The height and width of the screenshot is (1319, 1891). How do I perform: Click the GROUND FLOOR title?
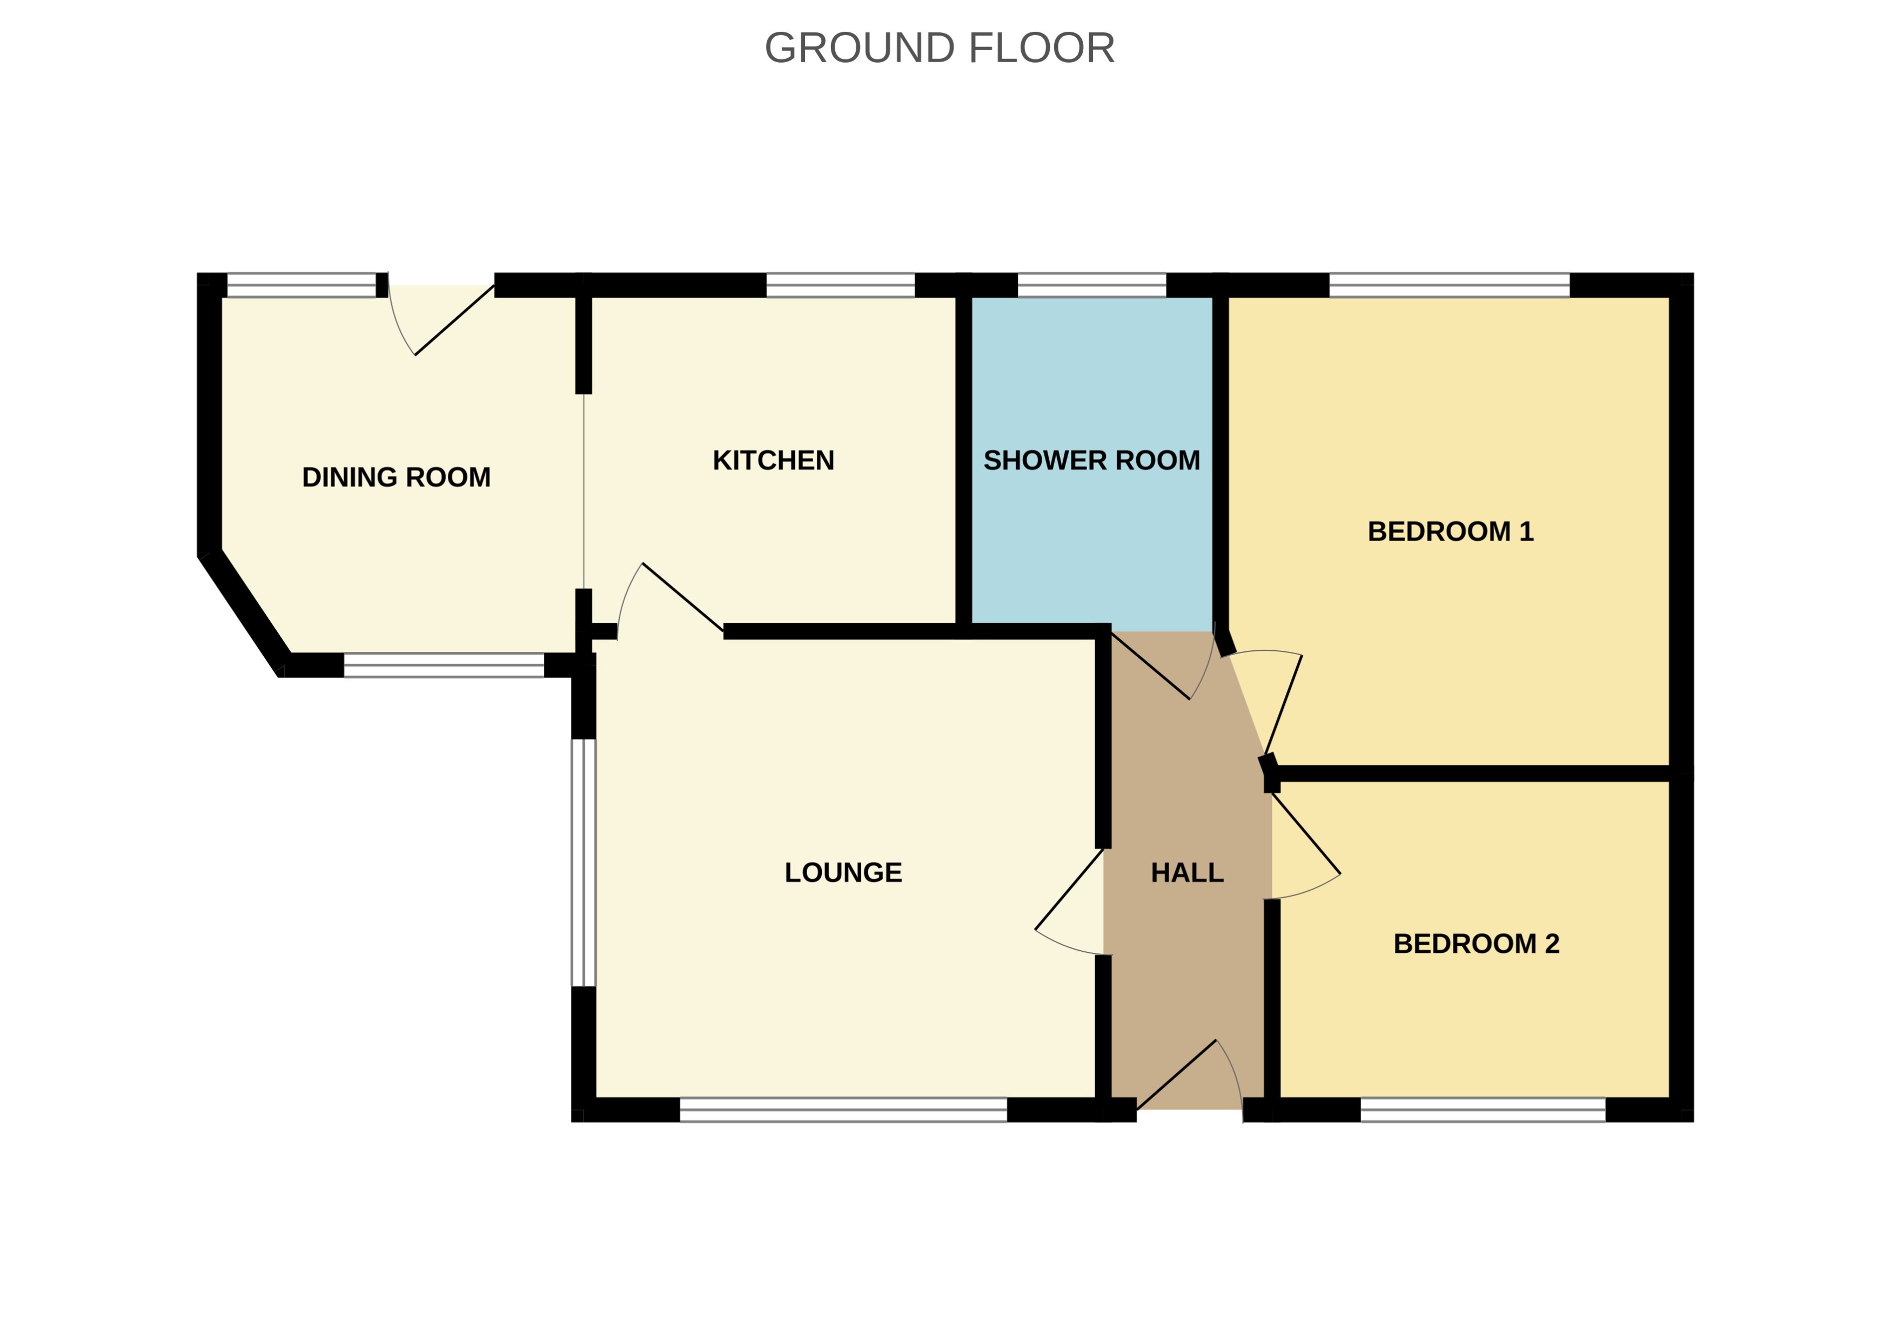click(x=939, y=48)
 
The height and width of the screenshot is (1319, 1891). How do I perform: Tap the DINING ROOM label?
click(x=396, y=477)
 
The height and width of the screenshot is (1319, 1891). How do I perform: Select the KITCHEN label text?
click(x=773, y=460)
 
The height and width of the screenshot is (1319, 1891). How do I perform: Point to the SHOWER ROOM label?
click(x=1091, y=460)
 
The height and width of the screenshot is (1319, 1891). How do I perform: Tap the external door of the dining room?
click(x=453, y=320)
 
